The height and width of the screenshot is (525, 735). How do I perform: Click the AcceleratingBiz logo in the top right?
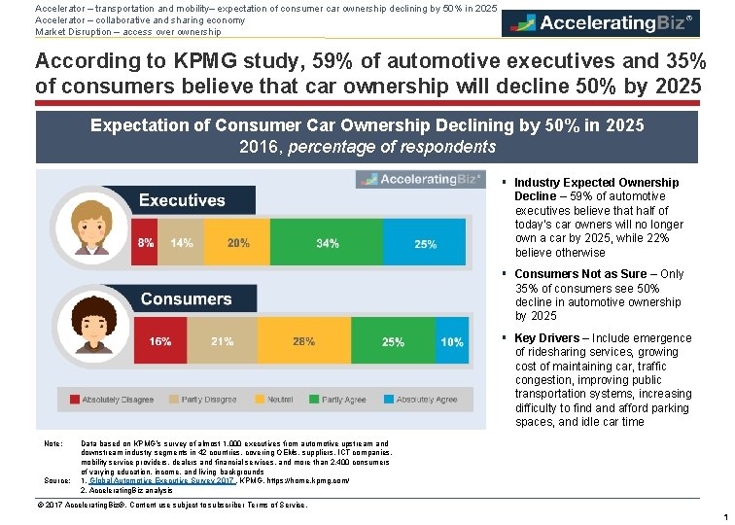600,22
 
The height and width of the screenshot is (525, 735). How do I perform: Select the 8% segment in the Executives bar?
146,243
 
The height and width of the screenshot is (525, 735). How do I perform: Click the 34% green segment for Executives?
328,243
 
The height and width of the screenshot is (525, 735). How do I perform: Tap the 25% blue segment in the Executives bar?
426,243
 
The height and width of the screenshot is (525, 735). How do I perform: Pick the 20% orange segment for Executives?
237,243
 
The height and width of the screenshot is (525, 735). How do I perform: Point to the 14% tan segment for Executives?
182,243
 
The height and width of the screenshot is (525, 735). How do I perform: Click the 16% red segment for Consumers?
160,341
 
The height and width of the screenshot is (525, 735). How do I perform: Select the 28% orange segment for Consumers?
303,341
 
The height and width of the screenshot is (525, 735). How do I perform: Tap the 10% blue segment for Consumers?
451,341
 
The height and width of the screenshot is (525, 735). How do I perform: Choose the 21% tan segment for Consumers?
222,341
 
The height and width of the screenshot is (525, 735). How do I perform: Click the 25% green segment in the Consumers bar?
393,341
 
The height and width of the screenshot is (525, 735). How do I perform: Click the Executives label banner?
182,200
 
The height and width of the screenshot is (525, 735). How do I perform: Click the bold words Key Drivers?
547,338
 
